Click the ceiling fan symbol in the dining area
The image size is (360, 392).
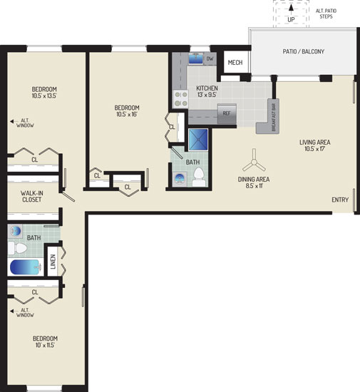point(254,163)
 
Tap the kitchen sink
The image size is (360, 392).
point(196,58)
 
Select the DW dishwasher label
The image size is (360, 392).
point(210,58)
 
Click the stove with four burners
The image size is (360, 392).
point(181,99)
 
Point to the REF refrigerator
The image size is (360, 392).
point(227,113)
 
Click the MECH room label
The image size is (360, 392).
point(235,63)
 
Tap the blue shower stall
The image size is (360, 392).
point(198,140)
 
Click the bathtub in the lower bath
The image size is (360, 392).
point(25,267)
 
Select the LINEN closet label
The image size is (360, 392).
point(53,262)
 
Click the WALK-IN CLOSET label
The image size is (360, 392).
point(32,196)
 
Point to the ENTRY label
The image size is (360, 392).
point(340,200)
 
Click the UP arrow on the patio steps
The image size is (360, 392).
point(291,10)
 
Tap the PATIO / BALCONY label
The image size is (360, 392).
point(304,51)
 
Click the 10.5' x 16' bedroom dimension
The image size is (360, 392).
point(127,114)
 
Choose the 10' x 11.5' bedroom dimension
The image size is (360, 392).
point(45,345)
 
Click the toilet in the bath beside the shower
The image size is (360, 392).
point(199,177)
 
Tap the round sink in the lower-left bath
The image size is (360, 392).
point(15,230)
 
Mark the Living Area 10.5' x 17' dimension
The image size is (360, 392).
point(315,149)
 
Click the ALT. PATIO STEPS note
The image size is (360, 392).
point(326,14)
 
